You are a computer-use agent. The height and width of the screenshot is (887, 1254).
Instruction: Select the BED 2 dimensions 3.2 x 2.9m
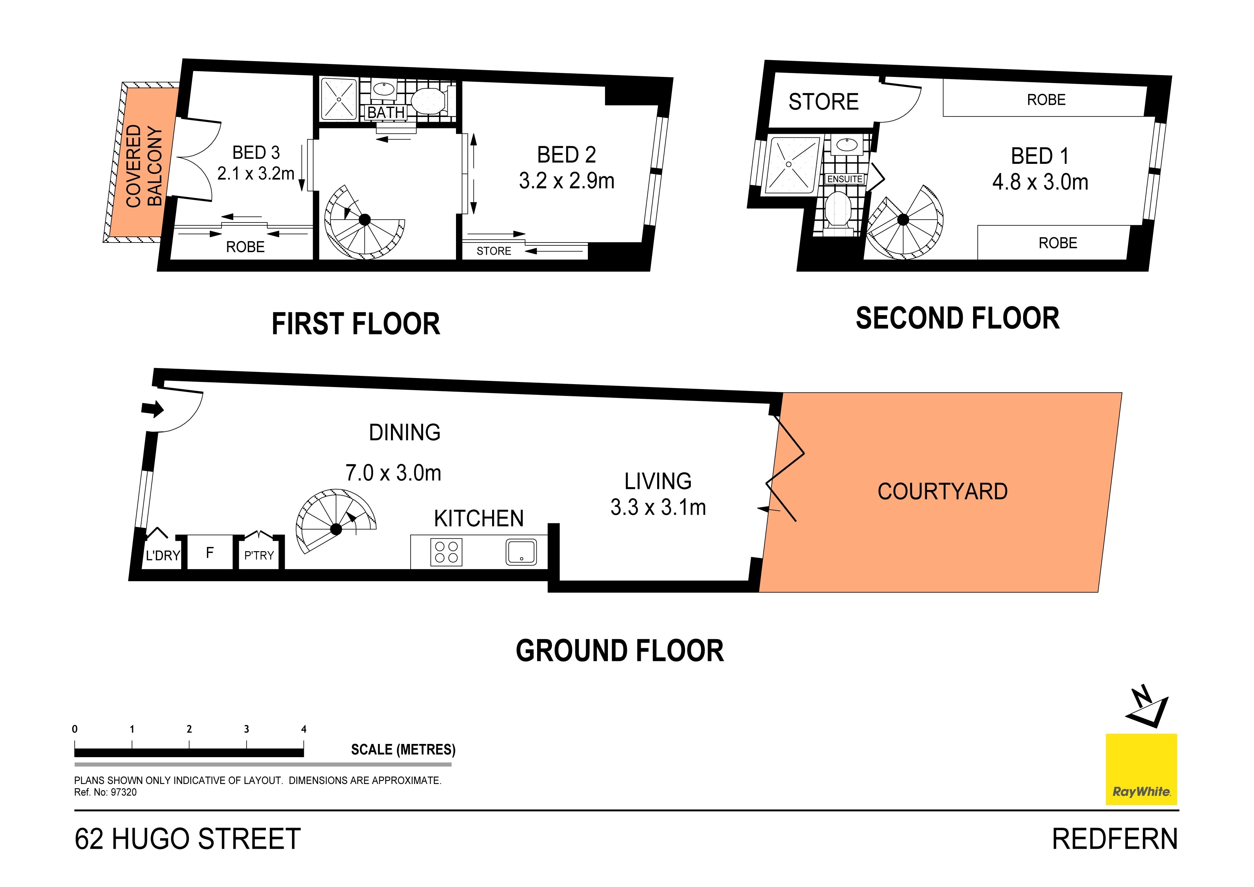coord(566,181)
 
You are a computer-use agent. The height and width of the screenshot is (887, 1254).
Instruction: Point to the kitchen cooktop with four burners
coord(446,552)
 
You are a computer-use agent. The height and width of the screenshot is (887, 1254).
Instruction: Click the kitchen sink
coord(521,552)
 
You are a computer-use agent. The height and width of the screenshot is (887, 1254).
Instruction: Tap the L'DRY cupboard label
coord(163,556)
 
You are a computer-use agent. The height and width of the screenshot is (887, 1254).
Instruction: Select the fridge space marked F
coord(210,553)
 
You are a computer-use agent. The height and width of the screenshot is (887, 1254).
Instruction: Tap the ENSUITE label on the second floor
coord(844,179)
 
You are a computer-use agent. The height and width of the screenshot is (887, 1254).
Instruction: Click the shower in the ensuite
coord(789,164)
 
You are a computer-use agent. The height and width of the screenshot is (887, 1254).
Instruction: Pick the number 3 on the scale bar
coord(246,729)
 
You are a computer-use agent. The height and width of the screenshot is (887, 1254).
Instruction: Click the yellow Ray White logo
coord(1141,769)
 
